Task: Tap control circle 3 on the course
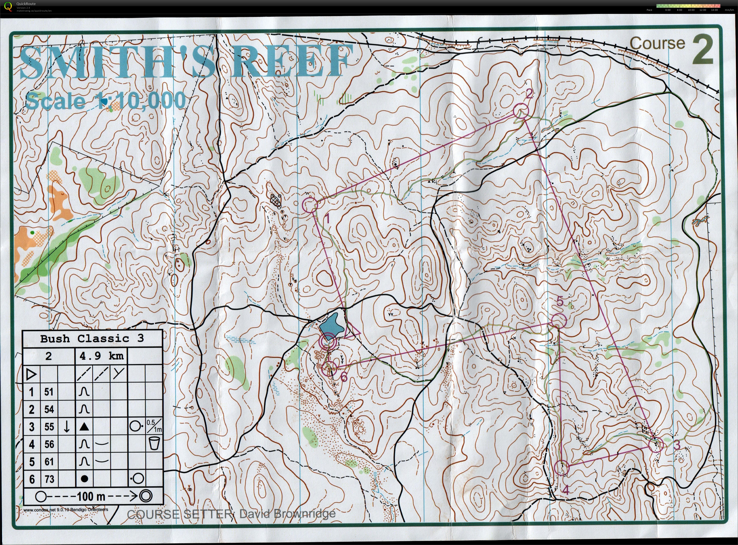coord(656,445)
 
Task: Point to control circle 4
coord(561,468)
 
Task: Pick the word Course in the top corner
coord(657,44)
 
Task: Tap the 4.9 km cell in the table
coord(101,356)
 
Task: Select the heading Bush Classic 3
coord(92,339)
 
